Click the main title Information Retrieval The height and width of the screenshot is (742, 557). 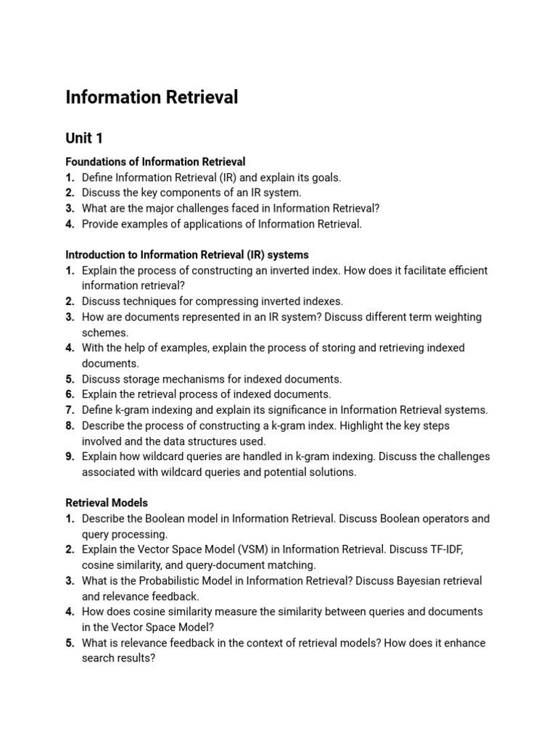[x=152, y=97]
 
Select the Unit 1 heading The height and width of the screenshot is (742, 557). [x=84, y=138]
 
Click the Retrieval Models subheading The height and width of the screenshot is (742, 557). [x=107, y=502]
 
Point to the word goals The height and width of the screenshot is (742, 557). [x=324, y=178]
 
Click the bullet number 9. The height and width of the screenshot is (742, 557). [x=70, y=457]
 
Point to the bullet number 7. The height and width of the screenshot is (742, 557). [x=70, y=410]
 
